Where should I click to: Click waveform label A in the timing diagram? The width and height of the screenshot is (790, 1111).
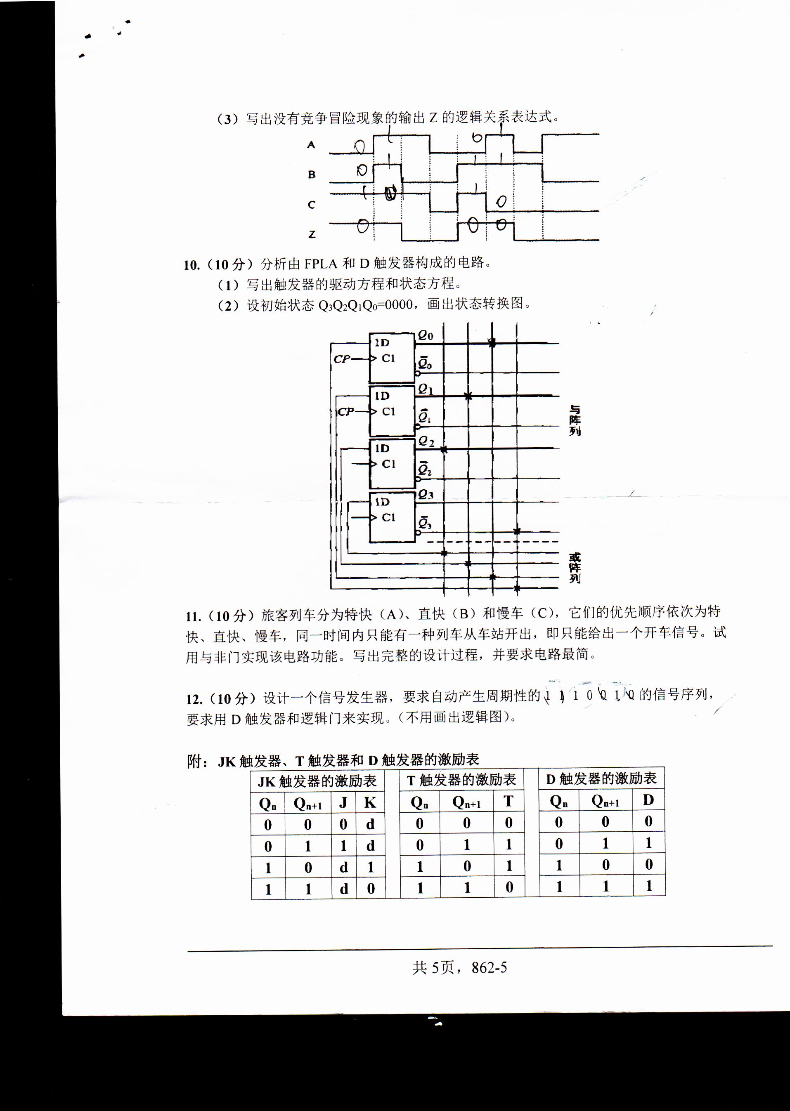click(311, 144)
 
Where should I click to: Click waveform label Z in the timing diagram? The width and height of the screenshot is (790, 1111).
click(312, 234)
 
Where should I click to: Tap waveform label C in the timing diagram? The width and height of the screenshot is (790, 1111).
click(311, 205)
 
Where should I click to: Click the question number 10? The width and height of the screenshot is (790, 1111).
click(191, 265)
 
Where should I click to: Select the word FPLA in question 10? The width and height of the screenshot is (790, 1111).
click(321, 264)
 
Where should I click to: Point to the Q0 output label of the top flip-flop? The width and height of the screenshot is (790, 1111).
click(425, 335)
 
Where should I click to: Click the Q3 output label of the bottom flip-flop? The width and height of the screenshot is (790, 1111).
click(425, 495)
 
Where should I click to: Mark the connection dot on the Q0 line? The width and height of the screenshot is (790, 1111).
click(492, 343)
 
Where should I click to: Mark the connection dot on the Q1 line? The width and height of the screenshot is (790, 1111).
click(468, 396)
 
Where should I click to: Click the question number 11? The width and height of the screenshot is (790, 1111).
click(193, 616)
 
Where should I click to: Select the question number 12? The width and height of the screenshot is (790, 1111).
click(193, 699)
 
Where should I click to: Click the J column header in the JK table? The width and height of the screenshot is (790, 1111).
click(343, 802)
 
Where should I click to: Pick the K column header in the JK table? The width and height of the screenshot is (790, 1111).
click(370, 802)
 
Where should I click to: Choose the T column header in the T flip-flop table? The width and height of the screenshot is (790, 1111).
click(509, 801)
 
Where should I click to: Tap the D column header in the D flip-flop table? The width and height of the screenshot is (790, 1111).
click(648, 800)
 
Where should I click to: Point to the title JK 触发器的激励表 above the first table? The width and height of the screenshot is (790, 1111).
click(317, 781)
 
